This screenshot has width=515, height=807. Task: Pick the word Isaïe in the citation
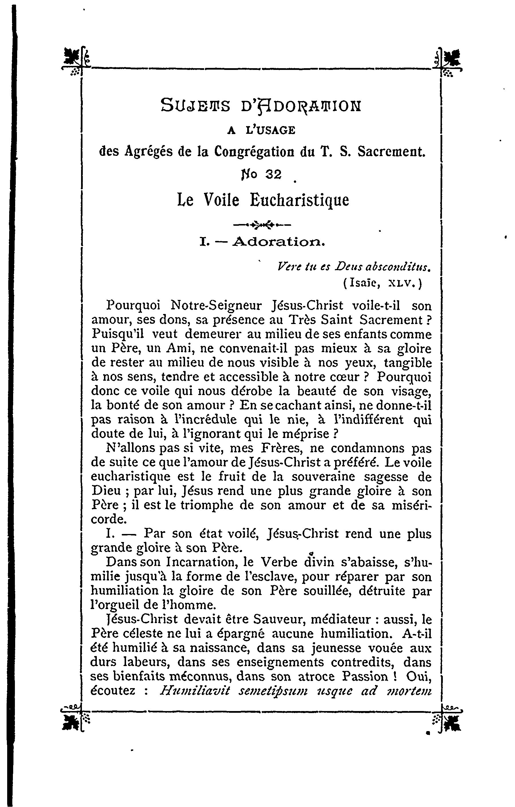click(365, 284)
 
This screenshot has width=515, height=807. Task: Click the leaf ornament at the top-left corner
click(73, 58)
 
